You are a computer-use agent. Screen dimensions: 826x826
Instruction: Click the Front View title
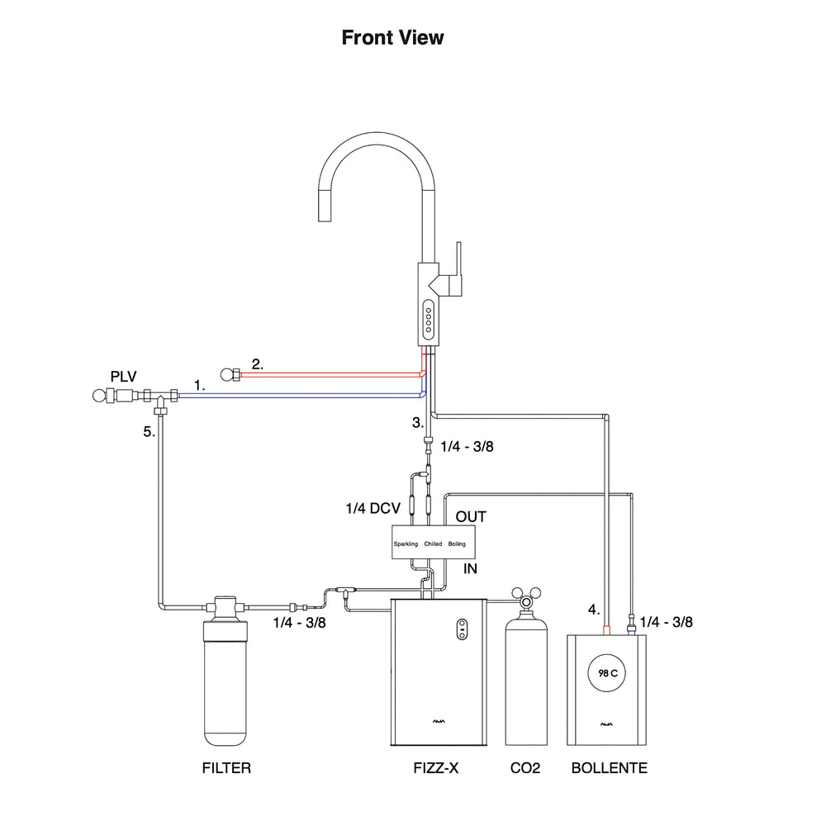click(x=392, y=37)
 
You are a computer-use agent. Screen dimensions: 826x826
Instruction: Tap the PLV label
click(x=123, y=377)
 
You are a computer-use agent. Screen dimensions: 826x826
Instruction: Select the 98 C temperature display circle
click(x=607, y=673)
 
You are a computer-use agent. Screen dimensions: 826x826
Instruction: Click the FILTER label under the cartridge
click(x=226, y=768)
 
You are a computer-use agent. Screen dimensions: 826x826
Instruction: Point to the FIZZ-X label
click(x=435, y=768)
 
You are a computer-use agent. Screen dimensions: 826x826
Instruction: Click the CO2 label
click(x=525, y=768)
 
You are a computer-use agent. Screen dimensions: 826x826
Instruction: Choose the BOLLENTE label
click(x=610, y=768)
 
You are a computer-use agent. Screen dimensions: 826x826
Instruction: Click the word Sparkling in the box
click(x=406, y=544)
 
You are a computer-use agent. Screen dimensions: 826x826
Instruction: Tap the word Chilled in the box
click(x=433, y=544)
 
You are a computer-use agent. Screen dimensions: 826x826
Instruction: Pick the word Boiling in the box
click(x=457, y=544)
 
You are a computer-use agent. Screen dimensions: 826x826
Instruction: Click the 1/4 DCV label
click(x=373, y=508)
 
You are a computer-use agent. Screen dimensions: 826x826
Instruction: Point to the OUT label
click(x=471, y=517)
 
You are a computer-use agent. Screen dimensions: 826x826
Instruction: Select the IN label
click(x=471, y=569)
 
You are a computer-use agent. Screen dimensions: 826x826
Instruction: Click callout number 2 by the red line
click(x=257, y=364)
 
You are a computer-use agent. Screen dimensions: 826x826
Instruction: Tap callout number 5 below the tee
click(x=149, y=432)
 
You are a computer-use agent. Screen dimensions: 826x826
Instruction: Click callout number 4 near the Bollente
click(x=594, y=610)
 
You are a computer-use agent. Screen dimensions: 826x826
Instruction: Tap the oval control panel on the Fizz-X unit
click(x=462, y=629)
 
